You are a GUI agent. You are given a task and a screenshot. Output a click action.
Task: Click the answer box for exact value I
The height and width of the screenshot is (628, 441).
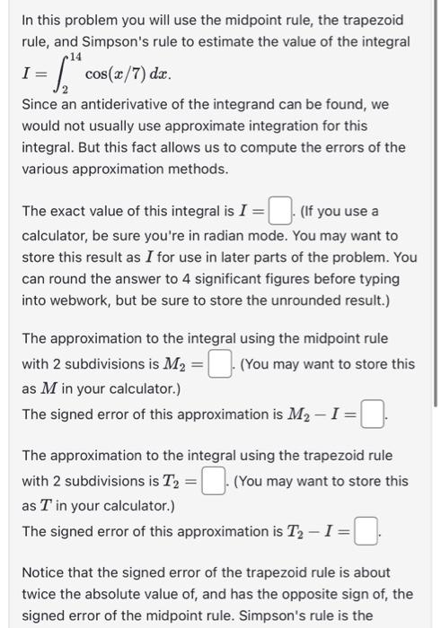281,213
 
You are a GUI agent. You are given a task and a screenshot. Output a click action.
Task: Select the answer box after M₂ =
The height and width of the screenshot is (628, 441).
217,364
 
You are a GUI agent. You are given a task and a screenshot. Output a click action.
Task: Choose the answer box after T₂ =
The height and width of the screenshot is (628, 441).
212,482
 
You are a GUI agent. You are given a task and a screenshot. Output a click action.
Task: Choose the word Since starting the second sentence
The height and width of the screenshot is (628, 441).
40,105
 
